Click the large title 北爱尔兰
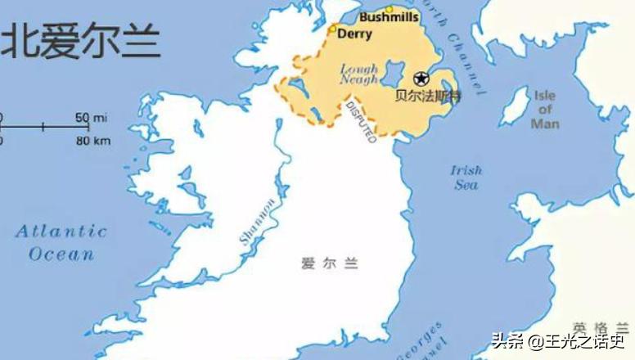pyautogui.click(x=80, y=40)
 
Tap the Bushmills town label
pyautogui.click(x=389, y=17)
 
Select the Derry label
pyautogui.click(x=354, y=34)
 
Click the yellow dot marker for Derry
pyautogui.click(x=332, y=29)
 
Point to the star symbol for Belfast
pyautogui.click(x=421, y=79)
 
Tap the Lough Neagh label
pyautogui.click(x=358, y=74)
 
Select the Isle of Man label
pyautogui.click(x=545, y=110)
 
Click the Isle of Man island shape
pyautogui.click(x=515, y=106)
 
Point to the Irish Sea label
pyautogui.click(x=466, y=178)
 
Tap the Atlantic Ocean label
pyautogui.click(x=61, y=242)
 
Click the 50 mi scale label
pyautogui.click(x=92, y=118)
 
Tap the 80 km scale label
pyautogui.click(x=92, y=141)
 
